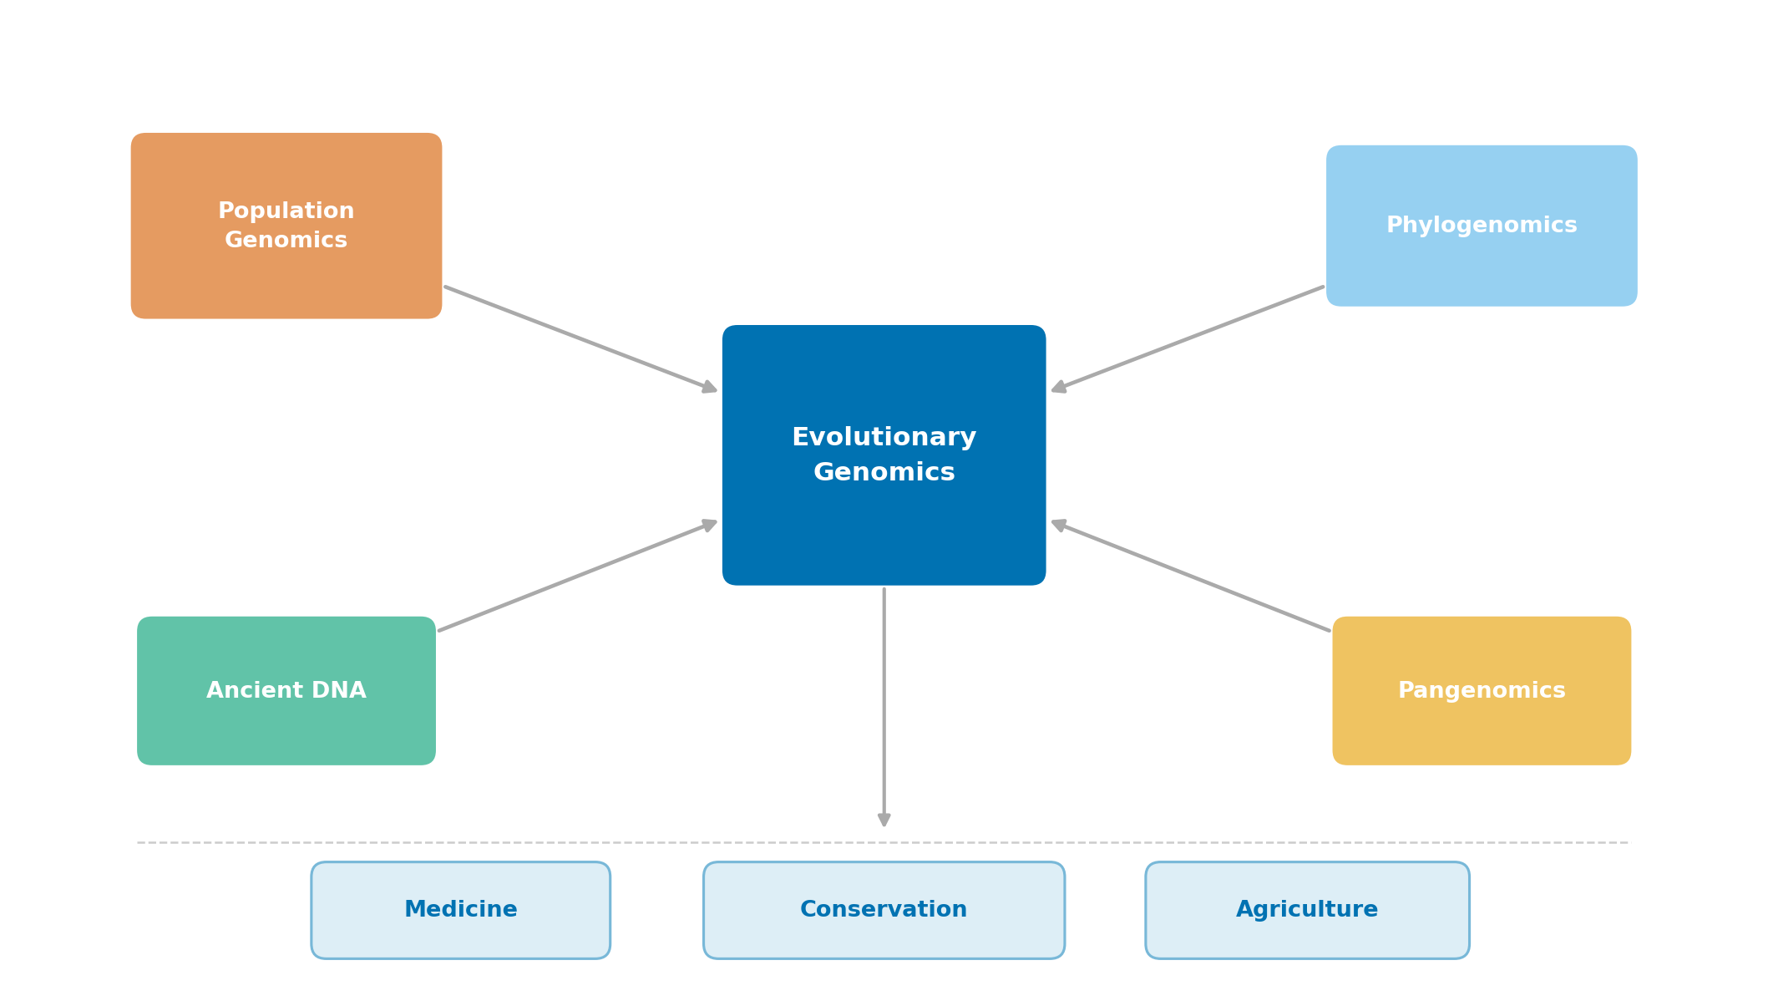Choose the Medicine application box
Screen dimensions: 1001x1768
[x=460, y=910]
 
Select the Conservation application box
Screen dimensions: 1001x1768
[x=884, y=910]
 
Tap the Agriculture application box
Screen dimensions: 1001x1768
[x=1307, y=910]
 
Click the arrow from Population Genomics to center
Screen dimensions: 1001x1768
[x=580, y=338]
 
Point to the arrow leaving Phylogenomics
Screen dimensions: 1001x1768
[x=1188, y=338]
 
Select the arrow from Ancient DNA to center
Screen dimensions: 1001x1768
[x=576, y=577]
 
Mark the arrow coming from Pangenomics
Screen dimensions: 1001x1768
[x=1191, y=577]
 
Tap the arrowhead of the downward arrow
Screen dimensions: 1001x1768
[x=884, y=820]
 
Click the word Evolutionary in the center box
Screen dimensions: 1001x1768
[x=884, y=437]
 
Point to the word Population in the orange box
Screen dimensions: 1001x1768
[x=286, y=211]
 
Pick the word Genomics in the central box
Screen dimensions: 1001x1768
[x=884, y=472]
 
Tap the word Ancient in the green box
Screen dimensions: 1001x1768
[x=253, y=691]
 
